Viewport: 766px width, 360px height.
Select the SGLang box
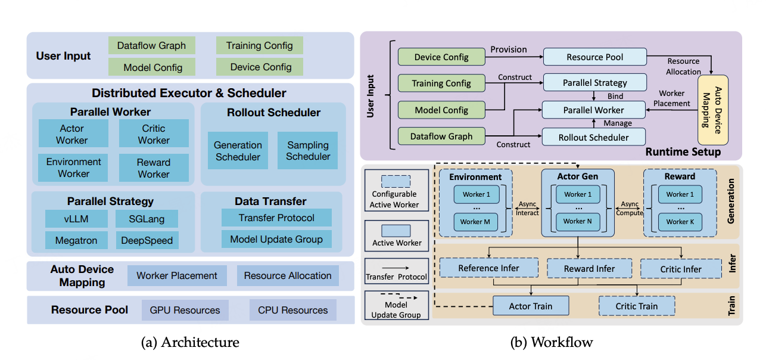(x=147, y=219)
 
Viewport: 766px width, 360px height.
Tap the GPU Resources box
(x=185, y=310)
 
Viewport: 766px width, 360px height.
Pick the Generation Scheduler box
(x=238, y=151)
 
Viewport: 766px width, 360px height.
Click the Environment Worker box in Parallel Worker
(x=74, y=167)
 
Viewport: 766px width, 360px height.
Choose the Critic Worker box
(x=154, y=134)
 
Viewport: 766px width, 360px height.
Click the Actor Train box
(x=530, y=306)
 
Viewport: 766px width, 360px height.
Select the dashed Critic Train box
(x=636, y=306)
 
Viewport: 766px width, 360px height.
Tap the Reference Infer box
(x=488, y=268)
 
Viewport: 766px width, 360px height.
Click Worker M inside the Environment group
(x=475, y=222)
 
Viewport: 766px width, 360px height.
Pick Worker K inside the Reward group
(x=677, y=222)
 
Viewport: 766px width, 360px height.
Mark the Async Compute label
(x=630, y=208)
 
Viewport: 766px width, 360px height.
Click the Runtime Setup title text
(x=683, y=152)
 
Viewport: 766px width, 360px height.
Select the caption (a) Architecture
(x=190, y=342)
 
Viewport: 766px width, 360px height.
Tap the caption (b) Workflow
(x=552, y=342)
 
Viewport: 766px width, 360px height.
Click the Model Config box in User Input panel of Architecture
(x=152, y=67)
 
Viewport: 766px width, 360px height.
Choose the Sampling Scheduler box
(x=308, y=151)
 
